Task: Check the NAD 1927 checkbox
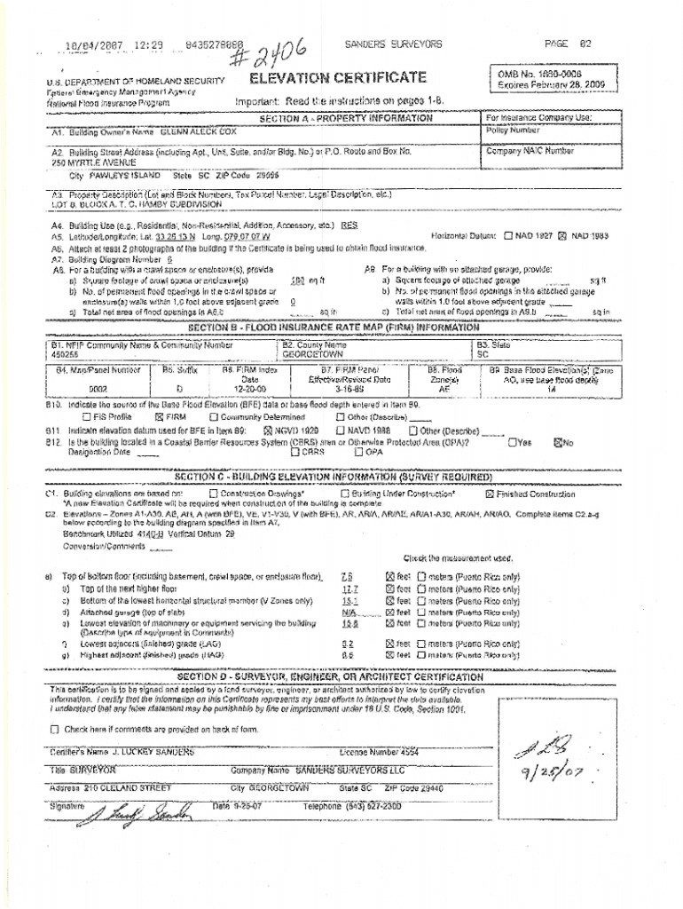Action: pos(507,236)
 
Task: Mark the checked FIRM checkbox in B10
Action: pos(160,415)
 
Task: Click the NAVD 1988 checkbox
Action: pos(341,430)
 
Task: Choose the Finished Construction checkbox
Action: pos(490,494)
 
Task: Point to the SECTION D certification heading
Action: pos(330,676)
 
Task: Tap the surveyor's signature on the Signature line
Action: pos(142,810)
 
